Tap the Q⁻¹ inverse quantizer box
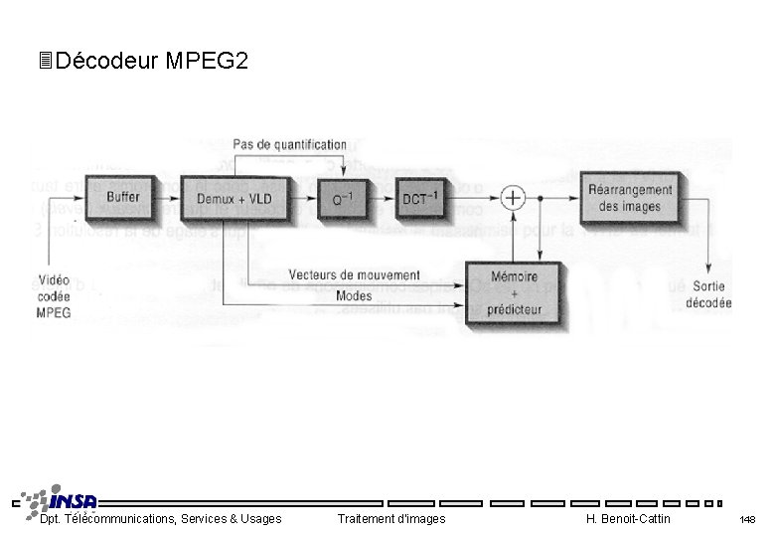click(343, 199)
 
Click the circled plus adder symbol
click(512, 197)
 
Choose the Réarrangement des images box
click(630, 197)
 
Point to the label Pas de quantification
click(290, 145)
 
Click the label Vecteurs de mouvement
click(354, 274)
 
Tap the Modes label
click(354, 295)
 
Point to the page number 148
click(747, 520)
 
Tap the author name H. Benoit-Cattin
click(628, 519)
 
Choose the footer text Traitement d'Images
click(391, 519)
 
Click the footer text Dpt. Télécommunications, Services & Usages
click(160, 519)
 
